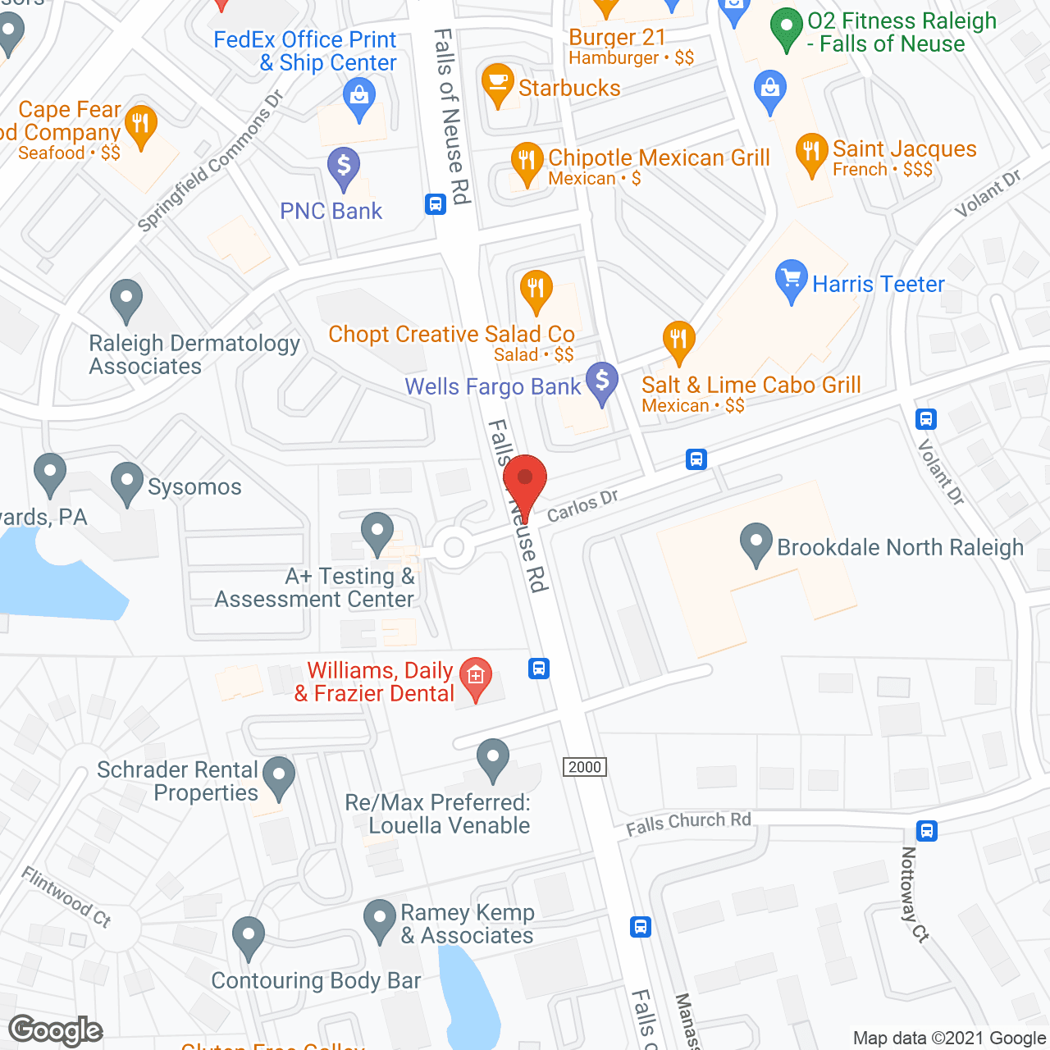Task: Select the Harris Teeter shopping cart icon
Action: pyautogui.click(x=791, y=281)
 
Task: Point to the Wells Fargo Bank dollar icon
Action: pyautogui.click(x=603, y=383)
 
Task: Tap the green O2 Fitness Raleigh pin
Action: pyautogui.click(x=787, y=28)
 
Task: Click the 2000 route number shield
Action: pyautogui.click(x=585, y=767)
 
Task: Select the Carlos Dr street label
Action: pyautogui.click(x=582, y=505)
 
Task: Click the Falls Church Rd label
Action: pyautogui.click(x=688, y=823)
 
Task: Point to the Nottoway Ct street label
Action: pyautogui.click(x=914, y=894)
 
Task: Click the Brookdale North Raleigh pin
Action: pyautogui.click(x=756, y=543)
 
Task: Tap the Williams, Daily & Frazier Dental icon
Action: pyautogui.click(x=475, y=677)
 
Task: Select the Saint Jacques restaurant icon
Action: pyautogui.click(x=811, y=153)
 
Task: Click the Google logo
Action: pyautogui.click(x=56, y=1030)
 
